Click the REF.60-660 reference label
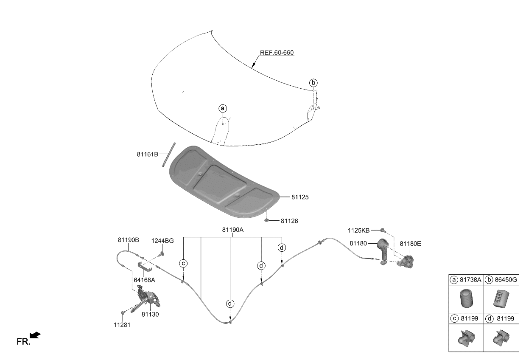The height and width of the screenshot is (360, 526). pyautogui.click(x=277, y=53)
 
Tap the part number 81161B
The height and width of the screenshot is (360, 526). pyautogui.click(x=147, y=155)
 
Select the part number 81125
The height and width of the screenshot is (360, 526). pyautogui.click(x=300, y=197)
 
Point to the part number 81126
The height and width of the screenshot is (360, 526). pyautogui.click(x=289, y=221)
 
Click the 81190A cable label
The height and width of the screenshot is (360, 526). pyautogui.click(x=232, y=230)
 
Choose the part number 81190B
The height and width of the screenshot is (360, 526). pyautogui.click(x=128, y=240)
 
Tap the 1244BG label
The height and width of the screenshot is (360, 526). pyautogui.click(x=162, y=241)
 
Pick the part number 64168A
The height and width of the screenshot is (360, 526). pyautogui.click(x=144, y=280)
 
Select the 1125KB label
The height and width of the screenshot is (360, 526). pyautogui.click(x=359, y=231)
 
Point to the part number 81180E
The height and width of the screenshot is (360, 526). pyautogui.click(x=410, y=244)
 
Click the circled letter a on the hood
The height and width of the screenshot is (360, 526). pyautogui.click(x=223, y=109)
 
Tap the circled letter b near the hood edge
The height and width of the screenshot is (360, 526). pyautogui.click(x=313, y=83)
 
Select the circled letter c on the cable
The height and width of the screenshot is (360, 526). pyautogui.click(x=183, y=263)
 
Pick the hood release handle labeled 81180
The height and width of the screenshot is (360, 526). pyautogui.click(x=383, y=250)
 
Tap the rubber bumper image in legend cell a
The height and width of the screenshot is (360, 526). pyautogui.click(x=466, y=299)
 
